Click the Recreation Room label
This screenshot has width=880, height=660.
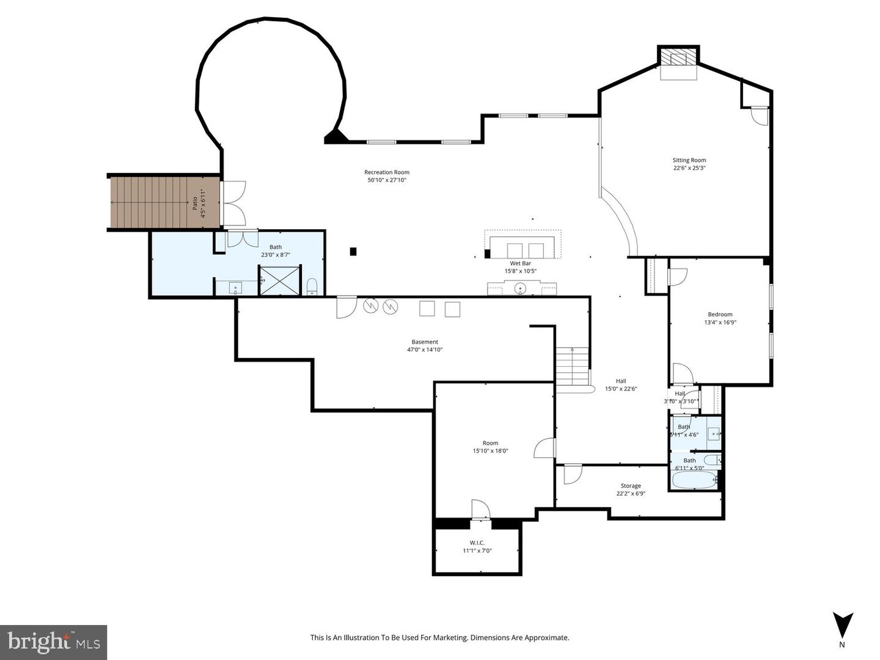387,172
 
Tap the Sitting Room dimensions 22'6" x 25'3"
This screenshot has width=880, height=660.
689,168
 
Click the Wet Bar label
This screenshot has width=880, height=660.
520,263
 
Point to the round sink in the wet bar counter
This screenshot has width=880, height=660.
521,288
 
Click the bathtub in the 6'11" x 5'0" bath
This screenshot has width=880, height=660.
694,480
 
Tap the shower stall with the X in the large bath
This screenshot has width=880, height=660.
280,280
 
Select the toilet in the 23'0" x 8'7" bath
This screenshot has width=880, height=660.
312,286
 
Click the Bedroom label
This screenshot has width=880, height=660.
720,314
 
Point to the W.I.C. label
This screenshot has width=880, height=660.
477,543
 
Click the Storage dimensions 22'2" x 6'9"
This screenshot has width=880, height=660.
631,494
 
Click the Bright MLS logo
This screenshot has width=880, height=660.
54,642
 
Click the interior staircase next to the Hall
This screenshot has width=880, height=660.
573,366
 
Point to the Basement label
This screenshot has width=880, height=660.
425,342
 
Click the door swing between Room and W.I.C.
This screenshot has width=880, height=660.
480,510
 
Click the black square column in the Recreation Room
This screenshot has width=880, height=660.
353,251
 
